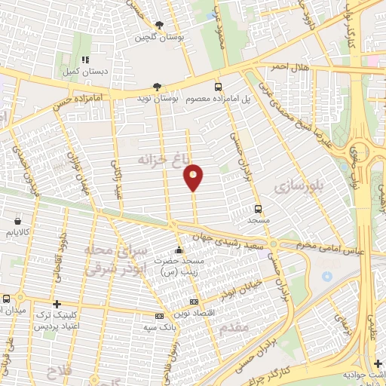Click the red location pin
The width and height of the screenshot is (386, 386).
tap(194, 176)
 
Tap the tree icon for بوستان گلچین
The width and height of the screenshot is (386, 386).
tap(159, 24)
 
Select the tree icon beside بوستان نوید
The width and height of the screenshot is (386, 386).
tap(156, 86)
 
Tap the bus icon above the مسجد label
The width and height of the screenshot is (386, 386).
tap(259, 209)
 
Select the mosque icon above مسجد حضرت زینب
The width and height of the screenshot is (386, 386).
tap(179, 250)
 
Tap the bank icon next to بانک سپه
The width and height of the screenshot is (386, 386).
tap(159, 317)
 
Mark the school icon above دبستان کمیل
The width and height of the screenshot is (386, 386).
tap(86, 59)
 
